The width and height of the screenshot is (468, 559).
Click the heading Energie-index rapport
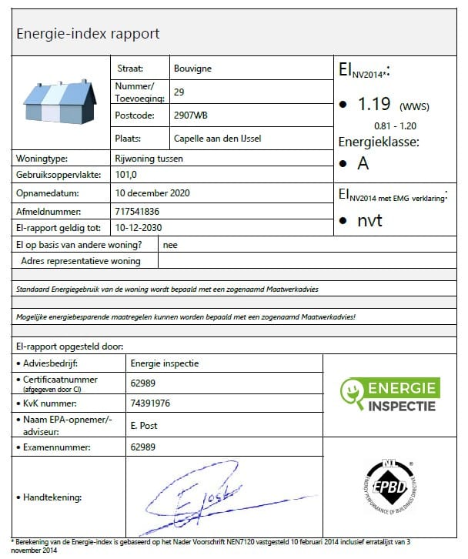point(87,34)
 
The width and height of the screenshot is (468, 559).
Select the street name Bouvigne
point(192,68)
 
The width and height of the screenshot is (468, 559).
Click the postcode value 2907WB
point(191,116)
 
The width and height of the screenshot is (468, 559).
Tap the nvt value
point(369,221)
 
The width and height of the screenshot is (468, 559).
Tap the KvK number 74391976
point(151,403)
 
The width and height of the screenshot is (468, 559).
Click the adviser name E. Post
point(144,425)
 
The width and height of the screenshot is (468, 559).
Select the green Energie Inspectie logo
point(389,395)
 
